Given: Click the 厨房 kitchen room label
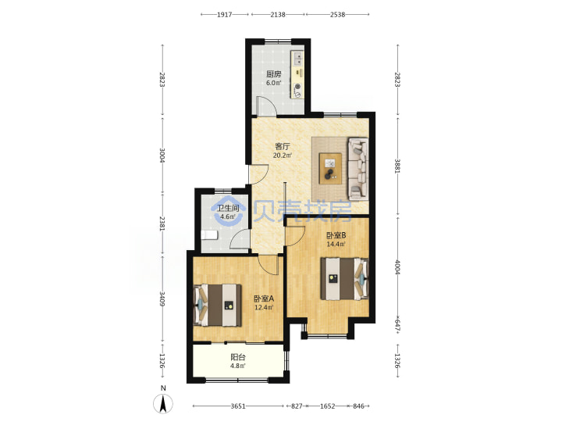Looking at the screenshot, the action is (x=273, y=74).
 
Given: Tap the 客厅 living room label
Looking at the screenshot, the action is (x=283, y=146).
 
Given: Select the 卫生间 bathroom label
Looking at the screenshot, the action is (x=228, y=208).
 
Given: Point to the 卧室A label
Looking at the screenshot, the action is (x=264, y=299).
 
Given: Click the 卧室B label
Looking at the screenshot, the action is (x=336, y=235).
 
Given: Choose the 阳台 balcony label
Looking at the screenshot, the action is (x=238, y=357).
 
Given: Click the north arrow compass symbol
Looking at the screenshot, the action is (x=163, y=403).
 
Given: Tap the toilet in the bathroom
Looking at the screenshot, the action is (x=209, y=235).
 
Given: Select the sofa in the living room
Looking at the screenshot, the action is (x=357, y=169).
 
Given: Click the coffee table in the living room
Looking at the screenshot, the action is (x=331, y=169).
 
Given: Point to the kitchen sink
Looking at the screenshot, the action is (x=298, y=59).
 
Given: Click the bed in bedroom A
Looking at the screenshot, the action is (x=217, y=306).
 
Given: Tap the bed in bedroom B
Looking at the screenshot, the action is (x=344, y=278).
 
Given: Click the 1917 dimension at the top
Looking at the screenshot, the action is (x=225, y=15).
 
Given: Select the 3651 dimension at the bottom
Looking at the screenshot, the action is (x=238, y=406).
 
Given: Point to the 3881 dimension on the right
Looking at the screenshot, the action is (x=397, y=166).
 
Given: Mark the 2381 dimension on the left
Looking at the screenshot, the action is (x=162, y=224).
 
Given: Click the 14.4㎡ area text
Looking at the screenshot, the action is (x=336, y=245).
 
